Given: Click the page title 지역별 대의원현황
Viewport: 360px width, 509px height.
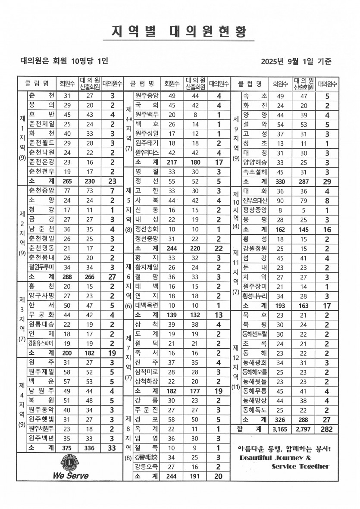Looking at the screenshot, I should pos(180,32).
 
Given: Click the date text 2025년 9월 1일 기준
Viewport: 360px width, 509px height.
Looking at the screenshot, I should pos(296,61).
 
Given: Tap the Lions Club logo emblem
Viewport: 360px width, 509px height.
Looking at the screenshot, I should pos(71,463).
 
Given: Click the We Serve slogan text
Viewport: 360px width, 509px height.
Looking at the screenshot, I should pos(71,476).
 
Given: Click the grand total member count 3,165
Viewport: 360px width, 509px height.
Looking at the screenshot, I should pos(282,429).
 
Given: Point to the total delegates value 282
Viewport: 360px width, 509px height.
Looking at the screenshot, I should pos(327,429).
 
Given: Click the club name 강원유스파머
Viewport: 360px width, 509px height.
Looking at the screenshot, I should pos(41,343).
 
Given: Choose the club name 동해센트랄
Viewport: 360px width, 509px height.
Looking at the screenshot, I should pos(255,334).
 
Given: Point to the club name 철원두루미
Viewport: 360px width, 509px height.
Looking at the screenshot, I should pos(41,267).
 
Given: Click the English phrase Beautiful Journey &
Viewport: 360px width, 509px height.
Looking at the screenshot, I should pos(275,458).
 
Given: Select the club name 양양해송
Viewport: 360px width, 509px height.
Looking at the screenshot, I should pos(255,162).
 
